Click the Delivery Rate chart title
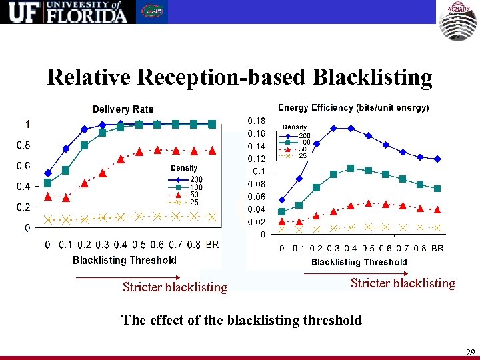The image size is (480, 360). tap(123, 109)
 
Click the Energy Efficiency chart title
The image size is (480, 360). tap(353, 107)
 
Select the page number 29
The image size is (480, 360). tap(471, 351)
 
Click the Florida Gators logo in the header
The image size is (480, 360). tap(153, 12)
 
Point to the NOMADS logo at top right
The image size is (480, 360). tap(458, 21)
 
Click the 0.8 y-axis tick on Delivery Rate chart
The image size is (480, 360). tap(23, 144)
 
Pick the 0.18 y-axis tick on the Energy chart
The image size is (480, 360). tap(256, 121)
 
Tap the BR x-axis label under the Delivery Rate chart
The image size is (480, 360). tap(212, 245)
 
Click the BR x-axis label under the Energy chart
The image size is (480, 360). tap(437, 248)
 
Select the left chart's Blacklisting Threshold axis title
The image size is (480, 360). tap(125, 260)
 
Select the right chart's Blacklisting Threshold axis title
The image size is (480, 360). tap(359, 262)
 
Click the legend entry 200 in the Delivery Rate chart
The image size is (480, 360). tap(196, 179)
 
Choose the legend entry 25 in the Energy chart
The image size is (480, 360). tap(303, 156)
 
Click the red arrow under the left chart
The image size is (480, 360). tap(117, 275)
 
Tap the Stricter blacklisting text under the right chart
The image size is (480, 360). tap(403, 283)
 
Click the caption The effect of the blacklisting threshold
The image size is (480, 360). tap(241, 320)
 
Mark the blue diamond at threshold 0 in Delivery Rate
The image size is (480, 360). tap(47, 173)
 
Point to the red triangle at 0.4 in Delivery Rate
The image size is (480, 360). tap(121, 159)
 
